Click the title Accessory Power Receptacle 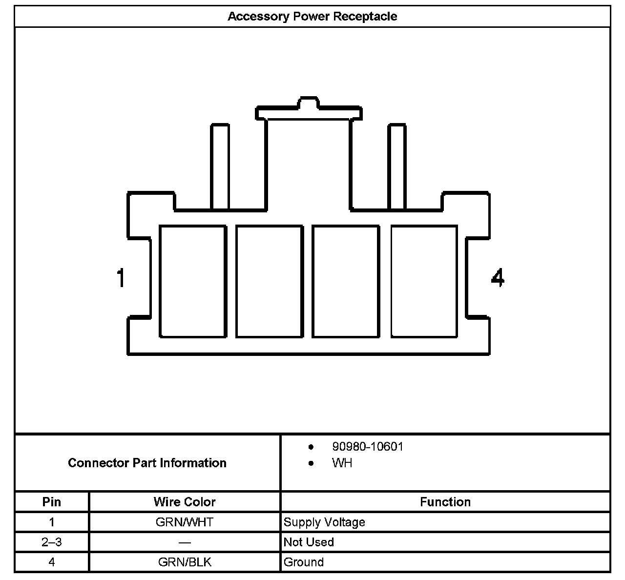click(312, 17)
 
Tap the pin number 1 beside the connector click(121, 278)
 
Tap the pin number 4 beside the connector click(497, 278)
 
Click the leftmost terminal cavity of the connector click(193, 281)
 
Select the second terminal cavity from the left click(269, 281)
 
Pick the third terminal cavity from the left click(346, 281)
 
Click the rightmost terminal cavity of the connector click(424, 281)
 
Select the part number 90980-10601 click(368, 447)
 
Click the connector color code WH click(342, 463)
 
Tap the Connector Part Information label click(147, 463)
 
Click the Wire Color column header click(185, 502)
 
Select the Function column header click(445, 502)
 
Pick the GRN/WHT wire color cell click(185, 522)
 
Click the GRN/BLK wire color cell click(185, 562)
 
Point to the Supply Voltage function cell click(324, 522)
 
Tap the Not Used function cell click(309, 542)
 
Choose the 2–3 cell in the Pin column click(52, 542)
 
